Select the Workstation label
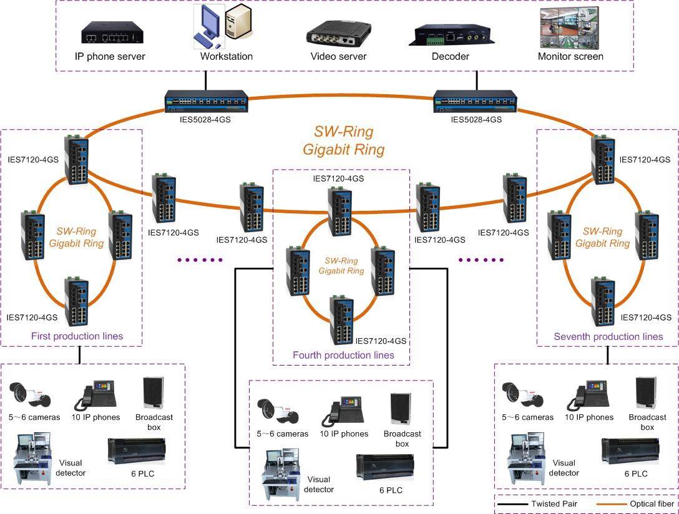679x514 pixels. point(227,56)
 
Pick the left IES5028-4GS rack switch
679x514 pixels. point(207,101)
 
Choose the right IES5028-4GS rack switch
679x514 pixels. point(476,101)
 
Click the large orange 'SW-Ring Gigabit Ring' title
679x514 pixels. point(343,141)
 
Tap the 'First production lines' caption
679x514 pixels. point(77,336)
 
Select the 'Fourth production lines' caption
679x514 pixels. point(343,355)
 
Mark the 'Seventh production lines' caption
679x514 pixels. point(608,336)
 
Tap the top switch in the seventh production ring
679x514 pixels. point(603,160)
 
